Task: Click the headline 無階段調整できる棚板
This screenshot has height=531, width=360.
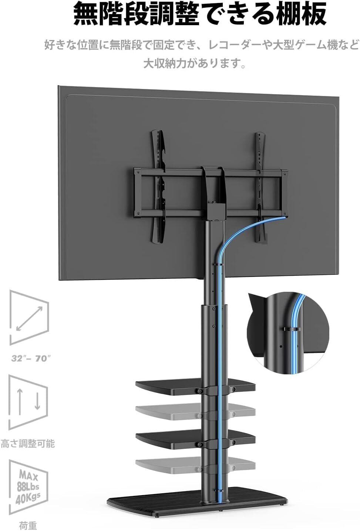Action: pos(200,14)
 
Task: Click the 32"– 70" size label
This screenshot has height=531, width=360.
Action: pos(31,358)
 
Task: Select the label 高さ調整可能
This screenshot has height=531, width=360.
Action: pos(28,444)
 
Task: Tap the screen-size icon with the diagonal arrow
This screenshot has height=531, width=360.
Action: pos(29,317)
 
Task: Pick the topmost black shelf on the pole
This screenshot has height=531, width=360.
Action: pos(195,386)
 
